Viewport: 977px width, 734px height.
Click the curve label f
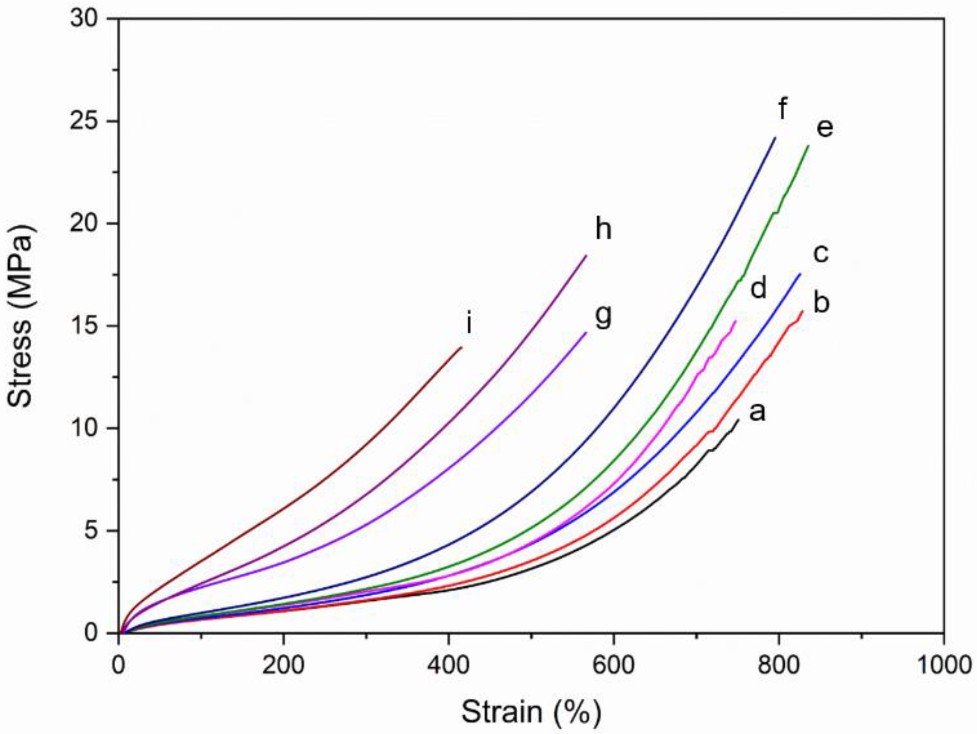tap(782, 109)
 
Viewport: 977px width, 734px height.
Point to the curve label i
tap(469, 324)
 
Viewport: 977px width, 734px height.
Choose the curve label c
tap(821, 254)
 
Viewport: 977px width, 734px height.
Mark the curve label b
tap(821, 302)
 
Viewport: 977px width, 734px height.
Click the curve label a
tap(757, 412)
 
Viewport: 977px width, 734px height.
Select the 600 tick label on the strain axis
tap(613, 665)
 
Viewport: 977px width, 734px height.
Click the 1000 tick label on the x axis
tap(943, 665)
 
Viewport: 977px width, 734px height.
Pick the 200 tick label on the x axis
tap(283, 665)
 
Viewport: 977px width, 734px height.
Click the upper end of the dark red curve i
tap(462, 347)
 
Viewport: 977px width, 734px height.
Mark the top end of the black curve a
tap(738, 419)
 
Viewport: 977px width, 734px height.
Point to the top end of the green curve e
tap(809, 145)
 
